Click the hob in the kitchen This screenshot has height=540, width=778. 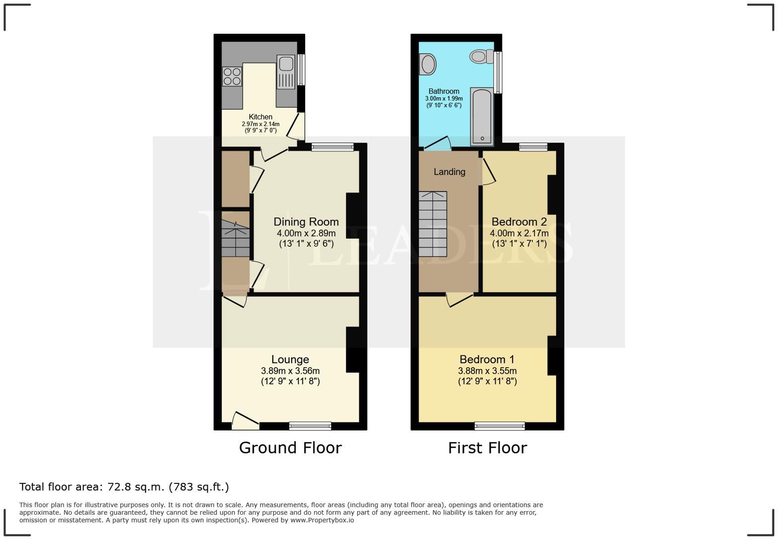pos(232,76)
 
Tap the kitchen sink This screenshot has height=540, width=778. pos(286,72)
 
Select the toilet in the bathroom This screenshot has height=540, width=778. pos(481,56)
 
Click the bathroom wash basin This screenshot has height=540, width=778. pos(427,65)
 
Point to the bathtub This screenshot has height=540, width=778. pos(482,117)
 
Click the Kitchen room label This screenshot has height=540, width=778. pos(260,117)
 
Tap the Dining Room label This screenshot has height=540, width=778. pos(306,222)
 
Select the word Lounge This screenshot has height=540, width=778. pos(290,359)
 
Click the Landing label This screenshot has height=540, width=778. pos(450,172)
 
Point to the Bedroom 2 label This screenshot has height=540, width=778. pos(519,222)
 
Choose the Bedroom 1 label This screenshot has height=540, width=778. pos(487,359)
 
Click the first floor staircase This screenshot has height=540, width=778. pos(433,224)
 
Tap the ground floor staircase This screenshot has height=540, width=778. pos(236,238)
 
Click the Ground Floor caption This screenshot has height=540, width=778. pos(290,448)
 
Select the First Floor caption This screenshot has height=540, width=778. pos(488,448)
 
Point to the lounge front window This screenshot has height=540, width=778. pos(310,426)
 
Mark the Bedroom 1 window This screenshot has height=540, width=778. pos(500,426)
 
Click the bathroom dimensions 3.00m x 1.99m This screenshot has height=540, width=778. pos(444,99)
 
